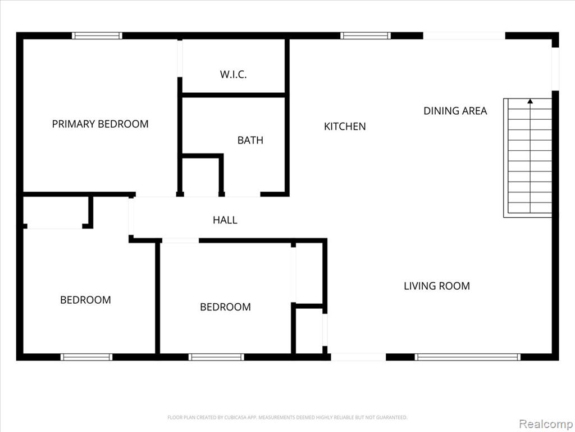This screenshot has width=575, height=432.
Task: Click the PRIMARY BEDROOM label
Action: pos(100,124)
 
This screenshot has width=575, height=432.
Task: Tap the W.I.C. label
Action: pos(233,75)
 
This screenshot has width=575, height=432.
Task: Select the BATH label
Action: pos(250,140)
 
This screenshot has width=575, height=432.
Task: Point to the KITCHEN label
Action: pos(345,127)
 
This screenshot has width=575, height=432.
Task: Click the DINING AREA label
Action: pos(455,111)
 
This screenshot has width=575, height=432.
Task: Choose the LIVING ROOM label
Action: pos(437,286)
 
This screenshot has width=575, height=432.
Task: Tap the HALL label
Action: pos(225,220)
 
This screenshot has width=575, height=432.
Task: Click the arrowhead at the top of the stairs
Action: pos(530,101)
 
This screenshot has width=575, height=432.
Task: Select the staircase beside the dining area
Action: pos(528,158)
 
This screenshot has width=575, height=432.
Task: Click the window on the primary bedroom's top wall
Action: pos(97,35)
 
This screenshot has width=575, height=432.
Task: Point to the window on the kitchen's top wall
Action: pos(365,35)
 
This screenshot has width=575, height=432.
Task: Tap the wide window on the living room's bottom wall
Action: pos(468,357)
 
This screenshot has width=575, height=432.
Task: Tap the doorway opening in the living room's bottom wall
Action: pos(358,357)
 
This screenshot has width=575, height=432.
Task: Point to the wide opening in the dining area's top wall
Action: pos(464,35)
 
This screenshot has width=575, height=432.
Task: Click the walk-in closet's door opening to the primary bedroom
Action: pos(180,58)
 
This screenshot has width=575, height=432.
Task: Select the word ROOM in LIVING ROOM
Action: pos(455,286)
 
